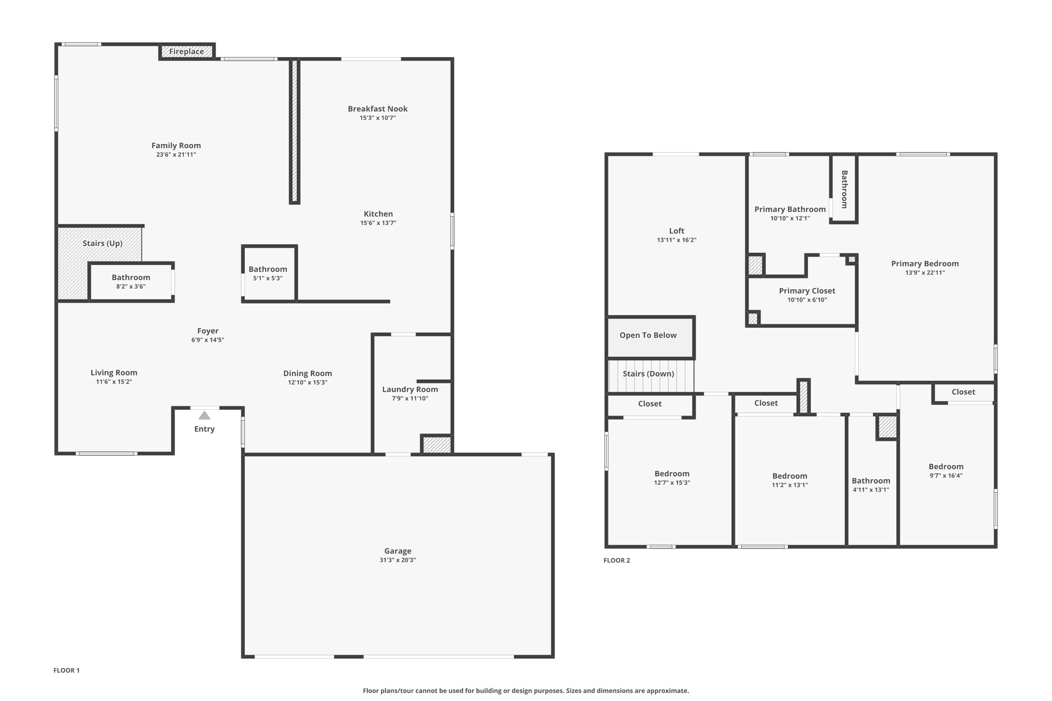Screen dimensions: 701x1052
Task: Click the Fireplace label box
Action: pyautogui.click(x=186, y=51)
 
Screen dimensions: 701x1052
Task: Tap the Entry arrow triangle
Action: pyautogui.click(x=204, y=415)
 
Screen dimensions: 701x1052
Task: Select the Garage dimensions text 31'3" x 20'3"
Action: pyautogui.click(x=398, y=560)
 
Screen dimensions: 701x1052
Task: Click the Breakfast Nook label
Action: pyautogui.click(x=378, y=109)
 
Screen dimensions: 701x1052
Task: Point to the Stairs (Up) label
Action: pyautogui.click(x=102, y=243)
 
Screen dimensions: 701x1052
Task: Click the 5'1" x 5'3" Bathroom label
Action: pyautogui.click(x=268, y=269)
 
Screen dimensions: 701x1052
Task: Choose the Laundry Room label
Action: pyautogui.click(x=410, y=389)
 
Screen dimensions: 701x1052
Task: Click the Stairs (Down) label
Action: pyautogui.click(x=648, y=374)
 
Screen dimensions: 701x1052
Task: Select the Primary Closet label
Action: pyautogui.click(x=807, y=291)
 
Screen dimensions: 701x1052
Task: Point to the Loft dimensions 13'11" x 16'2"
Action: pyautogui.click(x=677, y=240)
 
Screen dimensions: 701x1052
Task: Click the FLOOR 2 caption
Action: pyautogui.click(x=616, y=560)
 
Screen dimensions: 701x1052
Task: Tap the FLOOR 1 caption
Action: pyautogui.click(x=66, y=670)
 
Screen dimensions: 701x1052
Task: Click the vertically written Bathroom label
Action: pyautogui.click(x=844, y=189)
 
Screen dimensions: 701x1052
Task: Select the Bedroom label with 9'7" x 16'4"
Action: pyautogui.click(x=946, y=466)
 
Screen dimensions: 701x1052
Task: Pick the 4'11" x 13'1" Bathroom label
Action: pyautogui.click(x=871, y=481)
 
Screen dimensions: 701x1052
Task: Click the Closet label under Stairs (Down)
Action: pyautogui.click(x=650, y=404)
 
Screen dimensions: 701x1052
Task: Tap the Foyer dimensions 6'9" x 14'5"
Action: pyautogui.click(x=208, y=340)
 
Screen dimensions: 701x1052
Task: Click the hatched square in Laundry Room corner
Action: pyautogui.click(x=437, y=445)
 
